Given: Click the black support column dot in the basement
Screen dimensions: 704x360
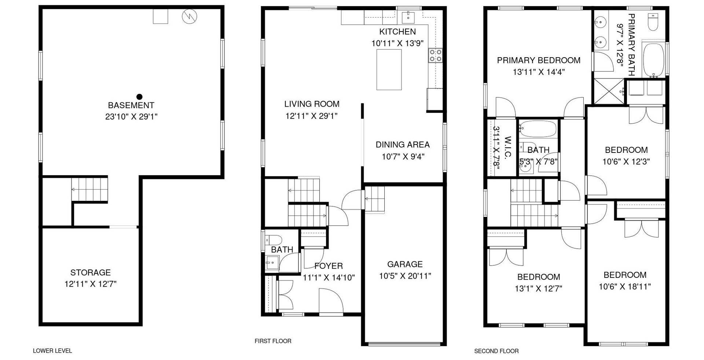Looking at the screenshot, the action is (139, 97).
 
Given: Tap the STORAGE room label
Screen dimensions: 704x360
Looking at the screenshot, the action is (91, 272).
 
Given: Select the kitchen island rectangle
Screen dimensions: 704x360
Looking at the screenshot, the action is (389, 70).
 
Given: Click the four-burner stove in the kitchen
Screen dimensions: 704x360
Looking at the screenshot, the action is (436, 56).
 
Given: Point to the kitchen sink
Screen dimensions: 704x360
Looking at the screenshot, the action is (408, 17).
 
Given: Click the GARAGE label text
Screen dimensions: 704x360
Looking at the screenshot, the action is (405, 264).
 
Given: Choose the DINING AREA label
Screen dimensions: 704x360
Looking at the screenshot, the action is (403, 144).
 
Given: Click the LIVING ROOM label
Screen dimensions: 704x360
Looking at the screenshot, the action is (312, 104).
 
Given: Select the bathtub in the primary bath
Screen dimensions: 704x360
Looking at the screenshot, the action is (653, 60).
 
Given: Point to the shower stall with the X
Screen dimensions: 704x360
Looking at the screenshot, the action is (609, 91).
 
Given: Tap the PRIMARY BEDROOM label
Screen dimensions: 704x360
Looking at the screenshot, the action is (539, 60).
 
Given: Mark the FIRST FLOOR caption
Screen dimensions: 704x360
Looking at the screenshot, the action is (273, 341).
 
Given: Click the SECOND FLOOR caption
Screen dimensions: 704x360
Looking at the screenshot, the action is (496, 351).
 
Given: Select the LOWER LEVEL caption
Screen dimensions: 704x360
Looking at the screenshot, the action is (52, 351).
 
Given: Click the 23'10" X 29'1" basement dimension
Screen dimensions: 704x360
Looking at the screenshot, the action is (131, 117).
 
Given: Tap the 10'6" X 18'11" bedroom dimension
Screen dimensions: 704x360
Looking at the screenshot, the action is (625, 287).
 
